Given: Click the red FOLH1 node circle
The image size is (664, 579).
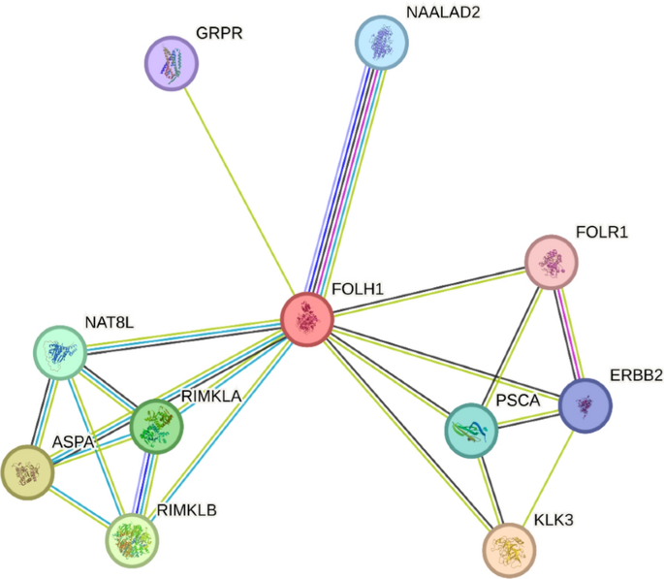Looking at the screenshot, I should pyautogui.click(x=307, y=319).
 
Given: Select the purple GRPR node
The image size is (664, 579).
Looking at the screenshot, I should pyautogui.click(x=172, y=65).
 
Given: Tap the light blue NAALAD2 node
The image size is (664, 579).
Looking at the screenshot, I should pyautogui.click(x=381, y=43).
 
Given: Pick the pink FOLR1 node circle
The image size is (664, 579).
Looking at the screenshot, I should pyautogui.click(x=551, y=262).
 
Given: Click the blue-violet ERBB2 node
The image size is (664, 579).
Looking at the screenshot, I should pyautogui.click(x=585, y=404).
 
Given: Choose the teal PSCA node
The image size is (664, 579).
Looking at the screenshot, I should pyautogui.click(x=472, y=432).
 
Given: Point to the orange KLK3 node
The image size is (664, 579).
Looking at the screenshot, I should pyautogui.click(x=509, y=549).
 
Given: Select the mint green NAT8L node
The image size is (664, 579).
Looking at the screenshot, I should pyautogui.click(x=61, y=353).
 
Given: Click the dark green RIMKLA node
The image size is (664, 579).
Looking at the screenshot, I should pyautogui.click(x=157, y=425).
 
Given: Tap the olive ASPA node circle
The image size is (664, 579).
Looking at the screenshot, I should pyautogui.click(x=27, y=472).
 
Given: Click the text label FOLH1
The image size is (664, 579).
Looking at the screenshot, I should pyautogui.click(x=358, y=290).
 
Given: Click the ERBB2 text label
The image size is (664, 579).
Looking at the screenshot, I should pyautogui.click(x=636, y=375).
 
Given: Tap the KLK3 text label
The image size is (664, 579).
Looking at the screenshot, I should pyautogui.click(x=553, y=521).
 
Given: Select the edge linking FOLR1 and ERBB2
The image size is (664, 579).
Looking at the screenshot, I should pyautogui.click(x=568, y=333).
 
